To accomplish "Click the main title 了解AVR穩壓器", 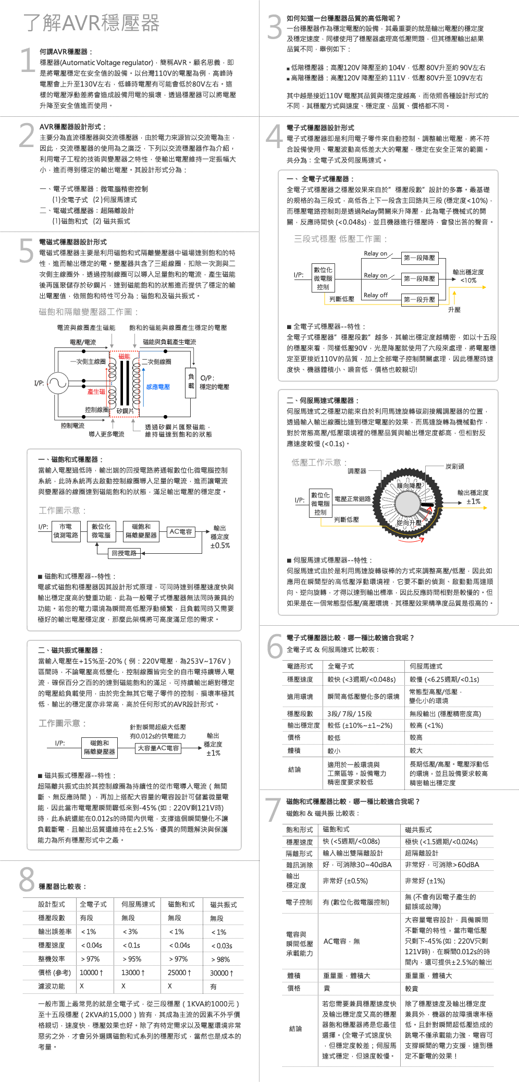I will click(x=91, y=23).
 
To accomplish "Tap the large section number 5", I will click(x=26, y=251).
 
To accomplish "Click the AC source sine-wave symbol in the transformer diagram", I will click(x=58, y=384).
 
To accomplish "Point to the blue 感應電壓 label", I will click(x=158, y=387).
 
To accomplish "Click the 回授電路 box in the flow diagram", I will click(x=124, y=553).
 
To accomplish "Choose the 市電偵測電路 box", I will click(x=66, y=531).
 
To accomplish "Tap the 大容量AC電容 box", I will click(x=158, y=748).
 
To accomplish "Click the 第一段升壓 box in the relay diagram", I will click(x=419, y=299).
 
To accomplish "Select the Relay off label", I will click(x=376, y=295).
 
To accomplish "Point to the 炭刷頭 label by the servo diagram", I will click(x=454, y=466).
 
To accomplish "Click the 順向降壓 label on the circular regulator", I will click(x=410, y=485).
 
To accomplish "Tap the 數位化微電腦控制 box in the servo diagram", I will click(x=320, y=504).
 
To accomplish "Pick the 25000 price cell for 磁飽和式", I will click(x=178, y=972).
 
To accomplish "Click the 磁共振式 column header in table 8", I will click(x=223, y=904).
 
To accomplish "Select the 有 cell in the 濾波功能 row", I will click(x=213, y=987).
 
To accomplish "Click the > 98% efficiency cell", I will click(x=220, y=959).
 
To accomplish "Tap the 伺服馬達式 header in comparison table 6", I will click(x=426, y=666).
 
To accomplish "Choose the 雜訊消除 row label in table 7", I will click(x=299, y=865).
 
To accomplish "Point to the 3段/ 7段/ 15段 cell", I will click(x=350, y=713).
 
